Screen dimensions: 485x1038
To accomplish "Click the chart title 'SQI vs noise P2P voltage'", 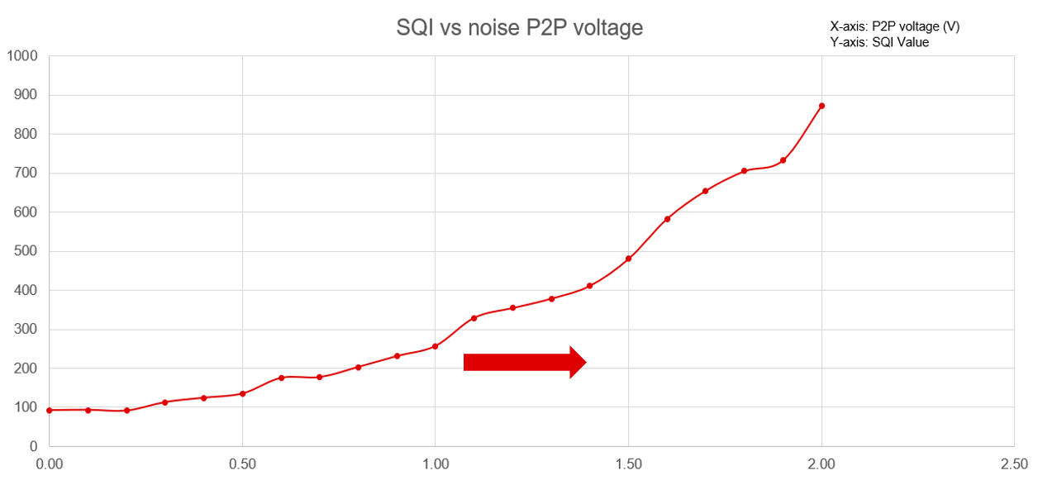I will (519, 28).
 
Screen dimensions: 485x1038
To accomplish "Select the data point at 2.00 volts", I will (821, 106).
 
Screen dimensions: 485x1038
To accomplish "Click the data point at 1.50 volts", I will (628, 259).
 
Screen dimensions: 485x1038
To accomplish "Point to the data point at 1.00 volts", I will (435, 346).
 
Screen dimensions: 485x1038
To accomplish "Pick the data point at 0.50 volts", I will (242, 393).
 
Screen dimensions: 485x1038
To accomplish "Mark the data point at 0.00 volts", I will (50, 410).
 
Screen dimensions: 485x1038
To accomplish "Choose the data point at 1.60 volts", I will (667, 219).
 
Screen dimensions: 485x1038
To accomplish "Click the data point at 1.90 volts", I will (783, 160).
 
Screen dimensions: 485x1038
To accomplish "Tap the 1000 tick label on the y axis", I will (21, 56).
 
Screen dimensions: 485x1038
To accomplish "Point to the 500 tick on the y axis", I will (26, 251).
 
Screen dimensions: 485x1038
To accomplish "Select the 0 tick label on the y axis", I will (34, 447).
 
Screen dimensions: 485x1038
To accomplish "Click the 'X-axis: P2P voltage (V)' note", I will (895, 26).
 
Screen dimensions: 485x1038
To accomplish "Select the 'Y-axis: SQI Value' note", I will (879, 42).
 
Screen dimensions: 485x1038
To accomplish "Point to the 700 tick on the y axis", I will (26, 174).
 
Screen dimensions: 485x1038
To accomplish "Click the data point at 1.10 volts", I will (474, 318).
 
